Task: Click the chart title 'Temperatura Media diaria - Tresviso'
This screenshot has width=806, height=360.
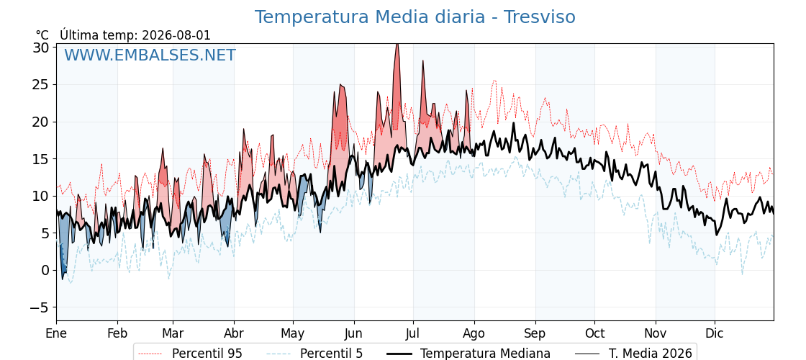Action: coord(415,17)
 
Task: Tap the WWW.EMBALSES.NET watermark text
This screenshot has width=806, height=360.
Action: coord(150,55)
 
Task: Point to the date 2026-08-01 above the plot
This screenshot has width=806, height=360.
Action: coord(176,35)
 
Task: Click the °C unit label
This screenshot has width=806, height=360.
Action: coord(42,35)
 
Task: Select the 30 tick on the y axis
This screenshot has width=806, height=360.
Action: coord(41,48)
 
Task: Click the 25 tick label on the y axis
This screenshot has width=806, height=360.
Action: coord(41,84)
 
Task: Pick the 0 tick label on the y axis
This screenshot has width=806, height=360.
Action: coord(45,270)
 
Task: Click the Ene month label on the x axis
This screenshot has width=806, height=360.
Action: coord(56,333)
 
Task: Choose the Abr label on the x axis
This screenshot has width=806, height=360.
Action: coord(234,333)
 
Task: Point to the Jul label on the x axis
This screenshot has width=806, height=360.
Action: coord(413,333)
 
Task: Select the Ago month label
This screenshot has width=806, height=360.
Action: coord(474,333)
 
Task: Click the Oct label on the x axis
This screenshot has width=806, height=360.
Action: coord(594,333)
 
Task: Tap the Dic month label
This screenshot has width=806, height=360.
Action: coord(715,333)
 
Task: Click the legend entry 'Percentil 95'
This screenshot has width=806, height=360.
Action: coord(191,354)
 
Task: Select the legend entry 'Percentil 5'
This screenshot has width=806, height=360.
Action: coord(314,354)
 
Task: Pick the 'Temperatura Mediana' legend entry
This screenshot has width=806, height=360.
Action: coord(467,354)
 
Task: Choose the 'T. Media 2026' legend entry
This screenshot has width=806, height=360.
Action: coord(634,354)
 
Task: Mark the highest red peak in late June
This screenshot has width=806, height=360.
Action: coord(397,45)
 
